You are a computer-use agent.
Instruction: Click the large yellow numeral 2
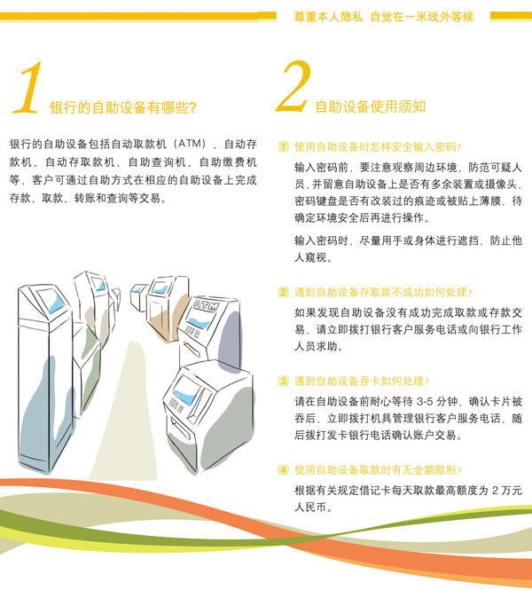[x=293, y=87]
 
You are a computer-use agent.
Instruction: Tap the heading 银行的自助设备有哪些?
[x=122, y=107]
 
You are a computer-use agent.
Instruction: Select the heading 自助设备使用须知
[x=371, y=106]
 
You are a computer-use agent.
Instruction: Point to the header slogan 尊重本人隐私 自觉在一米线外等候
[x=383, y=17]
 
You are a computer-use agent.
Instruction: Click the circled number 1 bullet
[x=283, y=146]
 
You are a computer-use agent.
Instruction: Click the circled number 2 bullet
[x=283, y=293]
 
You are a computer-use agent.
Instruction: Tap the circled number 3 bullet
[x=283, y=381]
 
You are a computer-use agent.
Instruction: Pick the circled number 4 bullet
[x=283, y=470]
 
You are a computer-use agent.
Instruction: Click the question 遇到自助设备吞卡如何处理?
[x=362, y=381]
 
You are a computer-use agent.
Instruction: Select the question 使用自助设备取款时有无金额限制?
[x=378, y=470]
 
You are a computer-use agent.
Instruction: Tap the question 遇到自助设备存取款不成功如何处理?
[x=383, y=293]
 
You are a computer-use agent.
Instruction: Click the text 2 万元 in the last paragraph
[x=507, y=490]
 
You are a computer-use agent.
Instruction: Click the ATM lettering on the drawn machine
[x=207, y=305]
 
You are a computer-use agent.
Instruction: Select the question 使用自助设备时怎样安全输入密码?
[x=378, y=146]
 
